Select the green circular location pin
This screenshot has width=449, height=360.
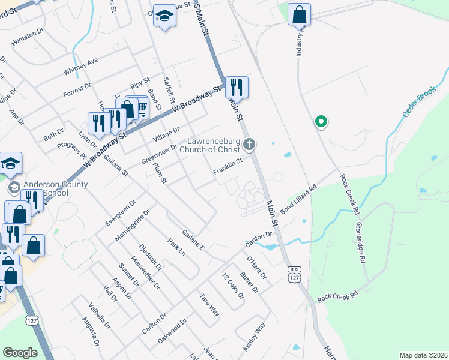[x=321, y=122]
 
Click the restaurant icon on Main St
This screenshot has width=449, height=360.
[x=237, y=88]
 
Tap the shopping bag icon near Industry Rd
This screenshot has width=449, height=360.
[x=299, y=14]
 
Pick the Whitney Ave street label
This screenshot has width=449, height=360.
[x=81, y=67]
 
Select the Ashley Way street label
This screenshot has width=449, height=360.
[x=254, y=337]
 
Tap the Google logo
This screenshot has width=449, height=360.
[x=20, y=353]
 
